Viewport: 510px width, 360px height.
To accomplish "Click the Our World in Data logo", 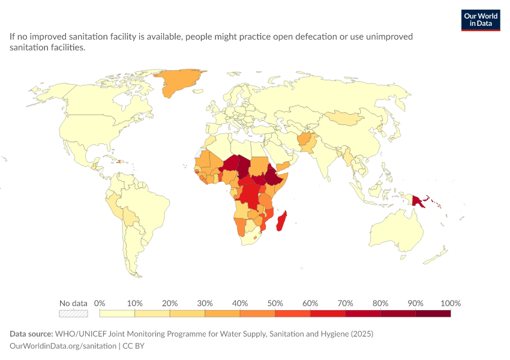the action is click(x=481, y=20).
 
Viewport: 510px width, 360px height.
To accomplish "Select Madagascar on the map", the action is click(x=281, y=221).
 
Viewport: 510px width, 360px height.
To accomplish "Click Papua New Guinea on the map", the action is click(x=418, y=200).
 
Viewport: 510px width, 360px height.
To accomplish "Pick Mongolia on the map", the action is click(x=345, y=118).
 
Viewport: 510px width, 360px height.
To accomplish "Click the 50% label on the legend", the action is click(x=275, y=304).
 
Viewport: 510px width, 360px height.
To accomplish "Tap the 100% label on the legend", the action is click(x=451, y=304).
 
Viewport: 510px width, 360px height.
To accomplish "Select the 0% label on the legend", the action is click(x=100, y=304).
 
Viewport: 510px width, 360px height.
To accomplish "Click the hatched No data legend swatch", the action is click(x=74, y=313).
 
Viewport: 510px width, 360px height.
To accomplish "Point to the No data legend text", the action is click(x=73, y=304).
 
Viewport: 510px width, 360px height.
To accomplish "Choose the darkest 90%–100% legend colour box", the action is click(x=433, y=313).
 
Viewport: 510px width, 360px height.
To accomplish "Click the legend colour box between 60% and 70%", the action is click(x=328, y=313).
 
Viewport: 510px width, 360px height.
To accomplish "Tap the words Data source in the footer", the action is click(x=31, y=334).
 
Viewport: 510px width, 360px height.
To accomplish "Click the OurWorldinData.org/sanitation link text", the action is click(x=63, y=346).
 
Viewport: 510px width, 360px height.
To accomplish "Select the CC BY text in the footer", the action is click(x=133, y=346).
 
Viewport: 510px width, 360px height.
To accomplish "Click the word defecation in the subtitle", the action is click(x=316, y=37).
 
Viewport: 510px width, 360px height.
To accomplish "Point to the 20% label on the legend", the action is click(x=170, y=304).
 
